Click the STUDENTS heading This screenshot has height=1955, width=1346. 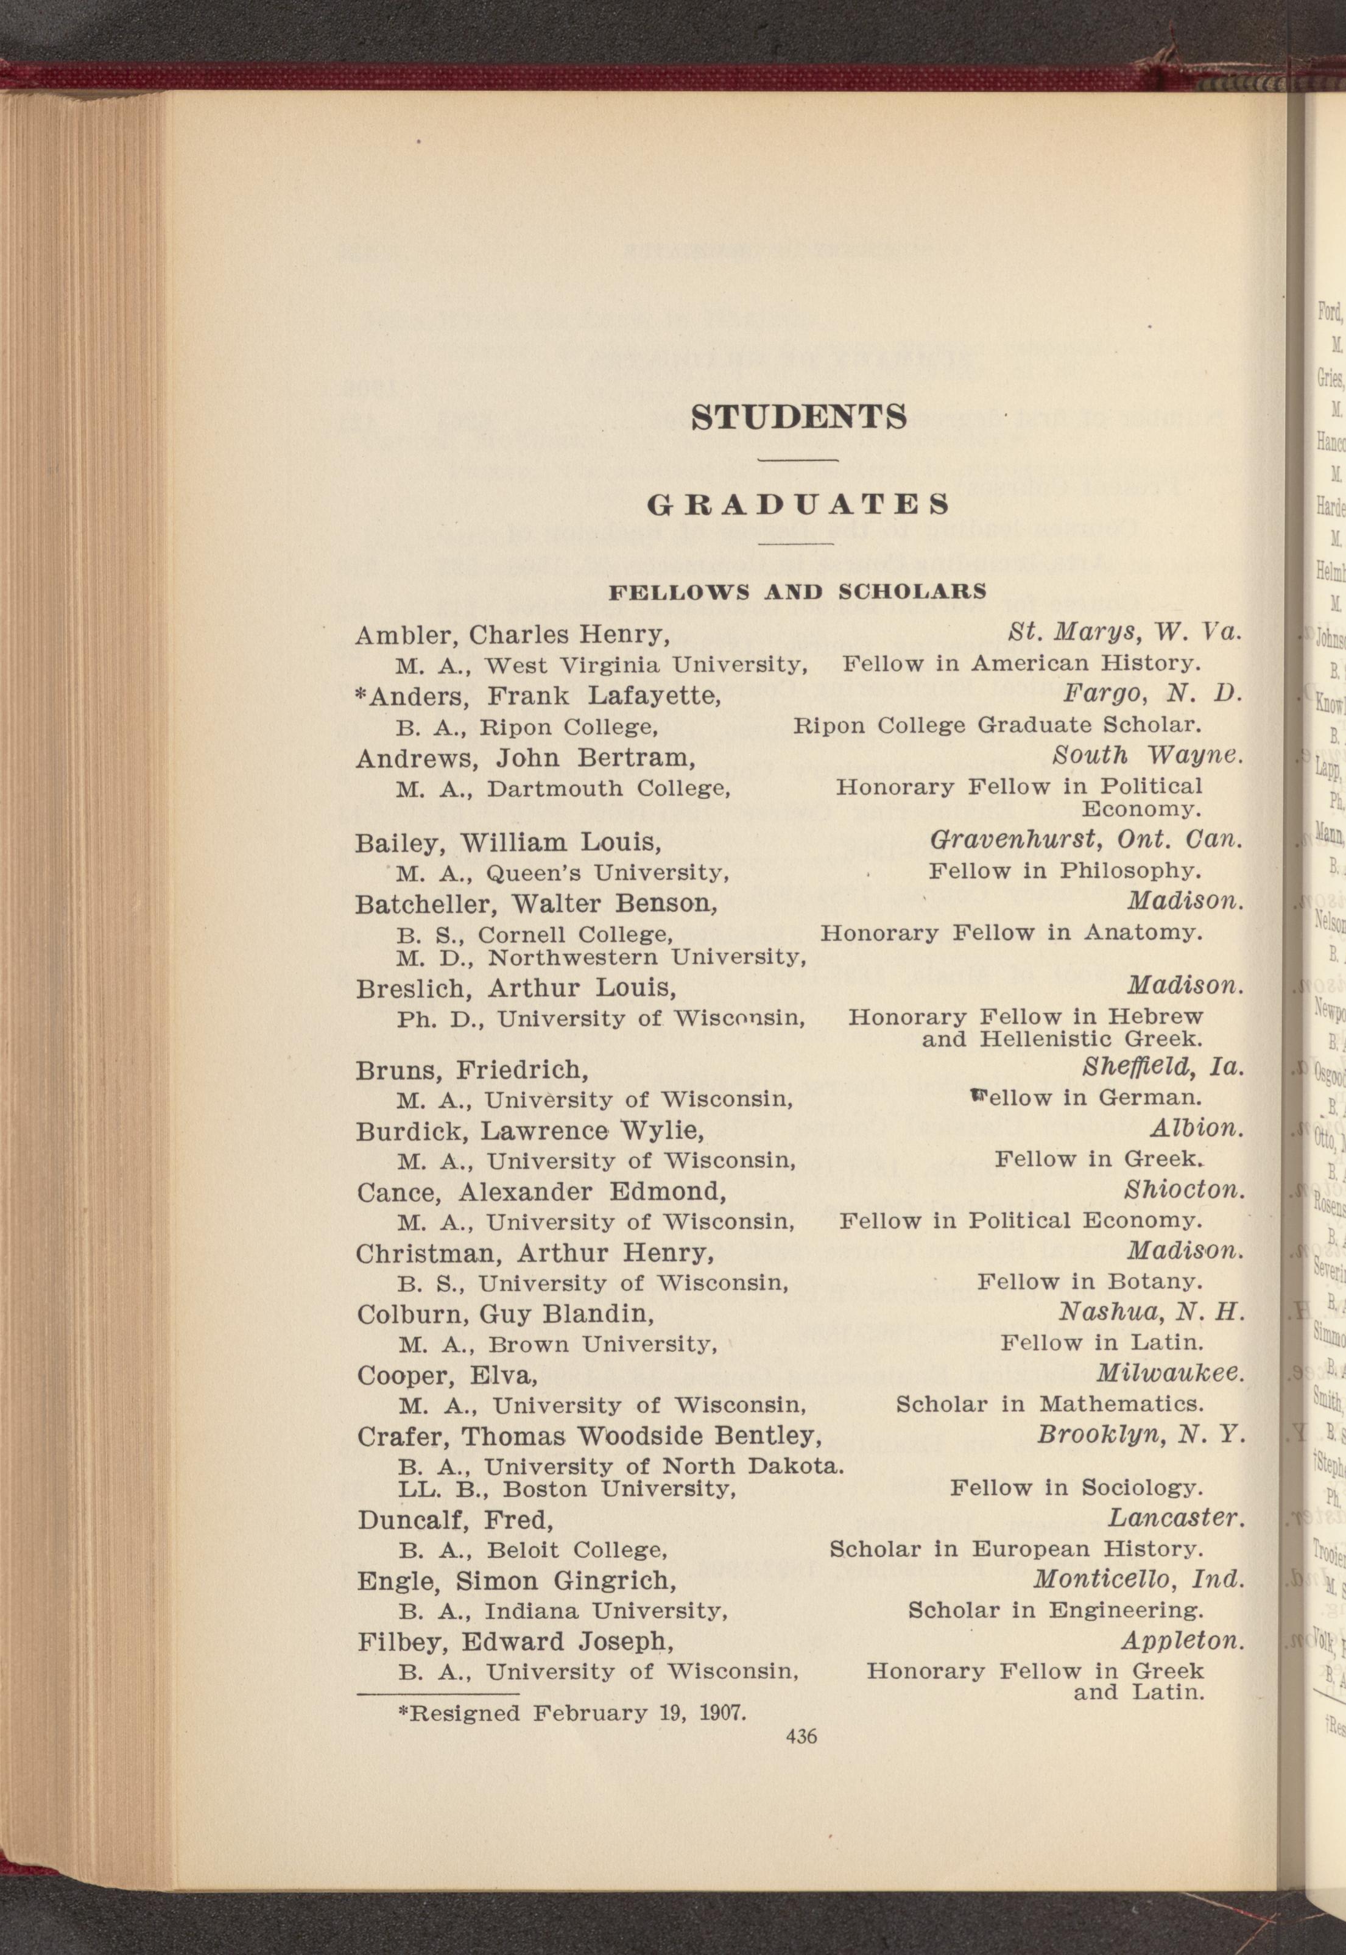[798, 417]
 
